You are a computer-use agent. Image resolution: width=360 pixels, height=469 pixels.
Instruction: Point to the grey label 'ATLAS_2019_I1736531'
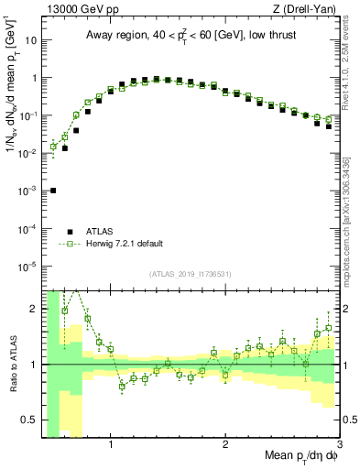191,273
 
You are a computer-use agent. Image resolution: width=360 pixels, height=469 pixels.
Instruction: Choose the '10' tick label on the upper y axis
30,40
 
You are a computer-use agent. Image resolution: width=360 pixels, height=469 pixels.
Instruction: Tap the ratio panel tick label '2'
33,308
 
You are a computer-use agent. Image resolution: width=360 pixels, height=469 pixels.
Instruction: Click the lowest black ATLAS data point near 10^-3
53,191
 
